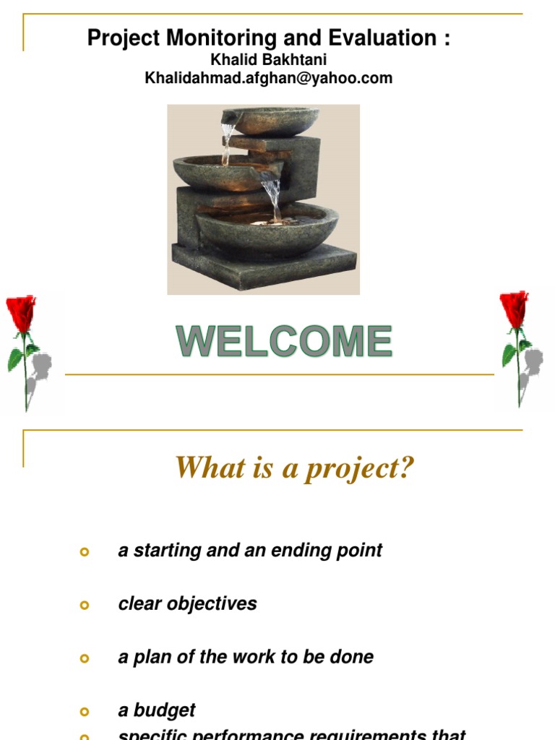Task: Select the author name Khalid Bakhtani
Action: coord(268,61)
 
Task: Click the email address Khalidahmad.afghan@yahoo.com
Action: coord(268,78)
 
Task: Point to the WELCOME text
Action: coord(285,342)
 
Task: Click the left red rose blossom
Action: coord(22,313)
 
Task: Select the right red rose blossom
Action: coord(514,309)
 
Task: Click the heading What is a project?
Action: coord(295,468)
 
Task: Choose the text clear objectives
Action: coord(187,603)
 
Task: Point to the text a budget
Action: coord(157,710)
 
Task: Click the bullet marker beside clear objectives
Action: coord(85,605)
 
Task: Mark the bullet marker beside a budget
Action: coord(85,712)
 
